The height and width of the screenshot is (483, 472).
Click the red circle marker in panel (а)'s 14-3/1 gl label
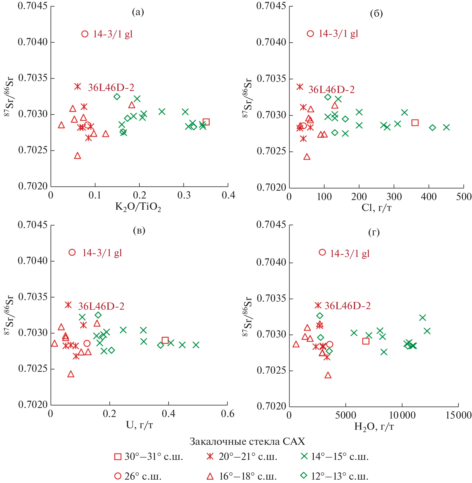(85, 34)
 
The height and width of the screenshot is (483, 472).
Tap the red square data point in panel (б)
(415, 123)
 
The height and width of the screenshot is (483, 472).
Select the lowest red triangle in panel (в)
(71, 374)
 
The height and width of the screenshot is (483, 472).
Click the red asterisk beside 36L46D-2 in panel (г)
(318, 305)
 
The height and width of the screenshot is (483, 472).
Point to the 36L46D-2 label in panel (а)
(111, 88)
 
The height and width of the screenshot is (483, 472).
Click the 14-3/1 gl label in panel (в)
(102, 253)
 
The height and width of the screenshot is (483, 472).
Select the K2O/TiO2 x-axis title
(138, 207)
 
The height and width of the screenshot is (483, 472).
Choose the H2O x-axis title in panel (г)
(374, 427)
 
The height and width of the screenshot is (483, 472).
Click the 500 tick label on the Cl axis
(464, 197)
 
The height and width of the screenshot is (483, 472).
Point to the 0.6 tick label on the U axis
(227, 414)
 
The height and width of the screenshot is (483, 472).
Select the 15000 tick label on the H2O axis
(458, 415)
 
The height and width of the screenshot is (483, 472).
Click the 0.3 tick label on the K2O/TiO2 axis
(184, 195)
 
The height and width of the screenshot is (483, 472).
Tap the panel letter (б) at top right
(376, 14)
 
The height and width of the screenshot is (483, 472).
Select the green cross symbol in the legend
(304, 456)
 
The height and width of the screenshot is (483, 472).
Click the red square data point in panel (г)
(366, 341)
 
